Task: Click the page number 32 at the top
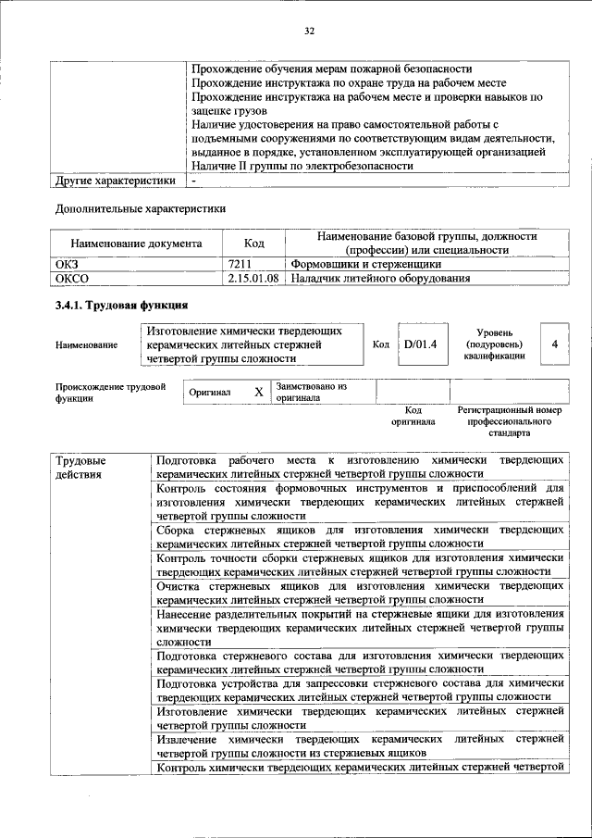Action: click(310, 31)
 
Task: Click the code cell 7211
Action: click(239, 264)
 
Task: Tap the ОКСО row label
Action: click(73, 278)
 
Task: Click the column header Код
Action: click(253, 244)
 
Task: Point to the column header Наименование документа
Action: click(136, 244)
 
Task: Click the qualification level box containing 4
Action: click(554, 344)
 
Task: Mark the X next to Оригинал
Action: click(259, 392)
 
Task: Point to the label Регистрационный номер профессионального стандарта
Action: click(510, 420)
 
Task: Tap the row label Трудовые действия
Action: click(80, 468)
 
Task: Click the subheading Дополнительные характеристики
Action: click(141, 209)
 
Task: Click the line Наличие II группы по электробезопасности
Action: click(302, 166)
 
